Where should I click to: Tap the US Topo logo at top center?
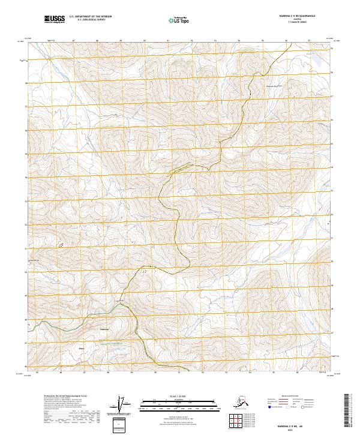point(178,20)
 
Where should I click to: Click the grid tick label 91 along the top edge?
point(168,40)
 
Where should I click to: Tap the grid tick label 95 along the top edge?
point(262,40)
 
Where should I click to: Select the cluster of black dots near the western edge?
point(60,245)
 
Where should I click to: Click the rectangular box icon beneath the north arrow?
point(121,425)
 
